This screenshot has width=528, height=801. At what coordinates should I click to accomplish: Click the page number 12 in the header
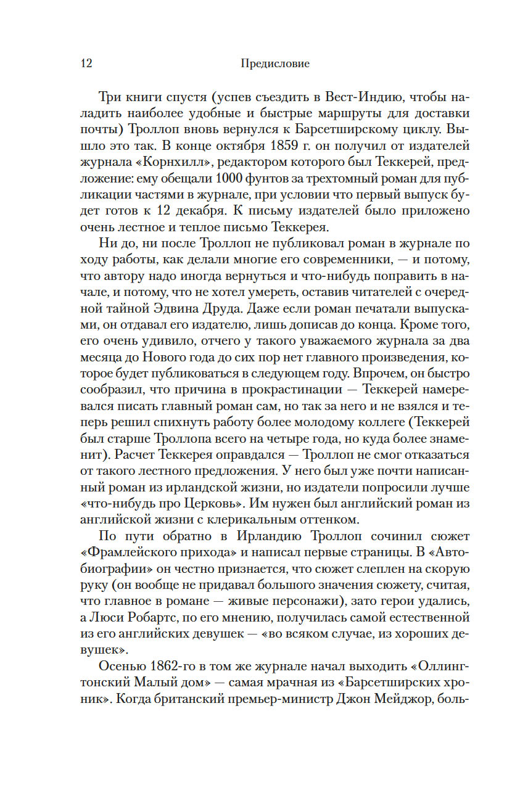[x=86, y=64]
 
